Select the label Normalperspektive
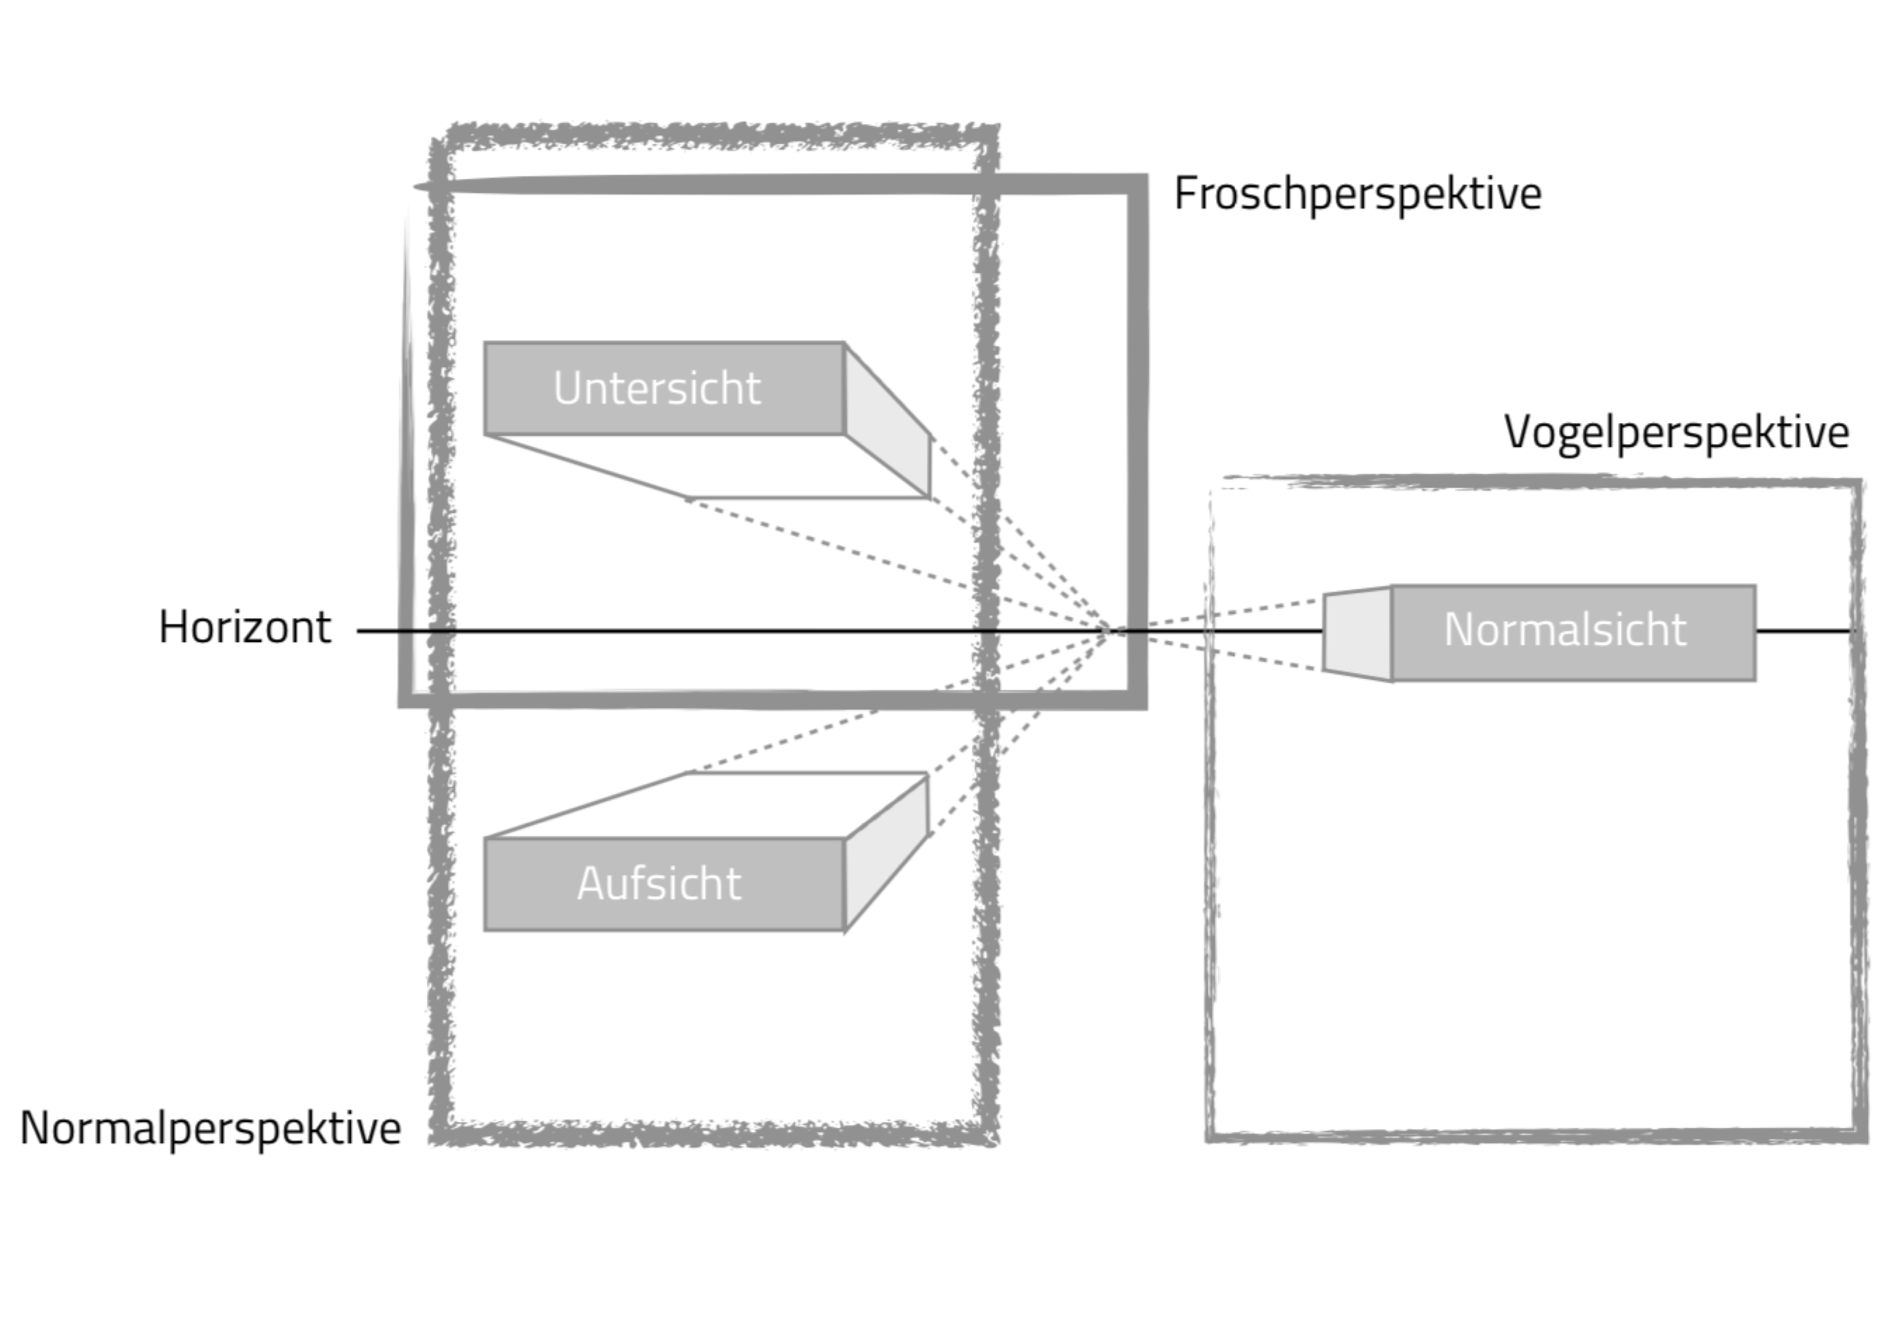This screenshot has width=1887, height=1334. (x=210, y=1128)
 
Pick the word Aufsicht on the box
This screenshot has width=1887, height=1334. (x=659, y=884)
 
